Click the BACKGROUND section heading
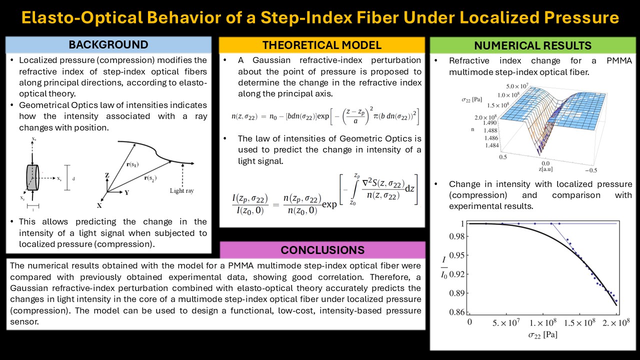coord(108,44)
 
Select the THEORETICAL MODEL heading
coord(321,45)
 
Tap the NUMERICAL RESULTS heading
coord(532,45)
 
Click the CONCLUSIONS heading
coord(322,250)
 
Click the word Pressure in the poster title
coord(581,17)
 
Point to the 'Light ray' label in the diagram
coord(181,190)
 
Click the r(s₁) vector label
coord(132,164)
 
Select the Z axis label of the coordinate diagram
coord(107,175)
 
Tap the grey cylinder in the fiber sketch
coord(32,177)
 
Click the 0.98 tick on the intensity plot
coord(457,236)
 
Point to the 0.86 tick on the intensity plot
coord(457,311)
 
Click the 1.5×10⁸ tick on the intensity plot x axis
coord(579,322)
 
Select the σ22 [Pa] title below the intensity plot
coord(542,334)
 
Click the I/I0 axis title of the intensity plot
coord(443,267)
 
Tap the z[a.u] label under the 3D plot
coord(545,169)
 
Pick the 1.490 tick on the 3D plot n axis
coord(490,123)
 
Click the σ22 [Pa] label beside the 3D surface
coord(471,99)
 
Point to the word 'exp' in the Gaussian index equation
coord(323,116)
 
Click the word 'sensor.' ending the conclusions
coord(24,321)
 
